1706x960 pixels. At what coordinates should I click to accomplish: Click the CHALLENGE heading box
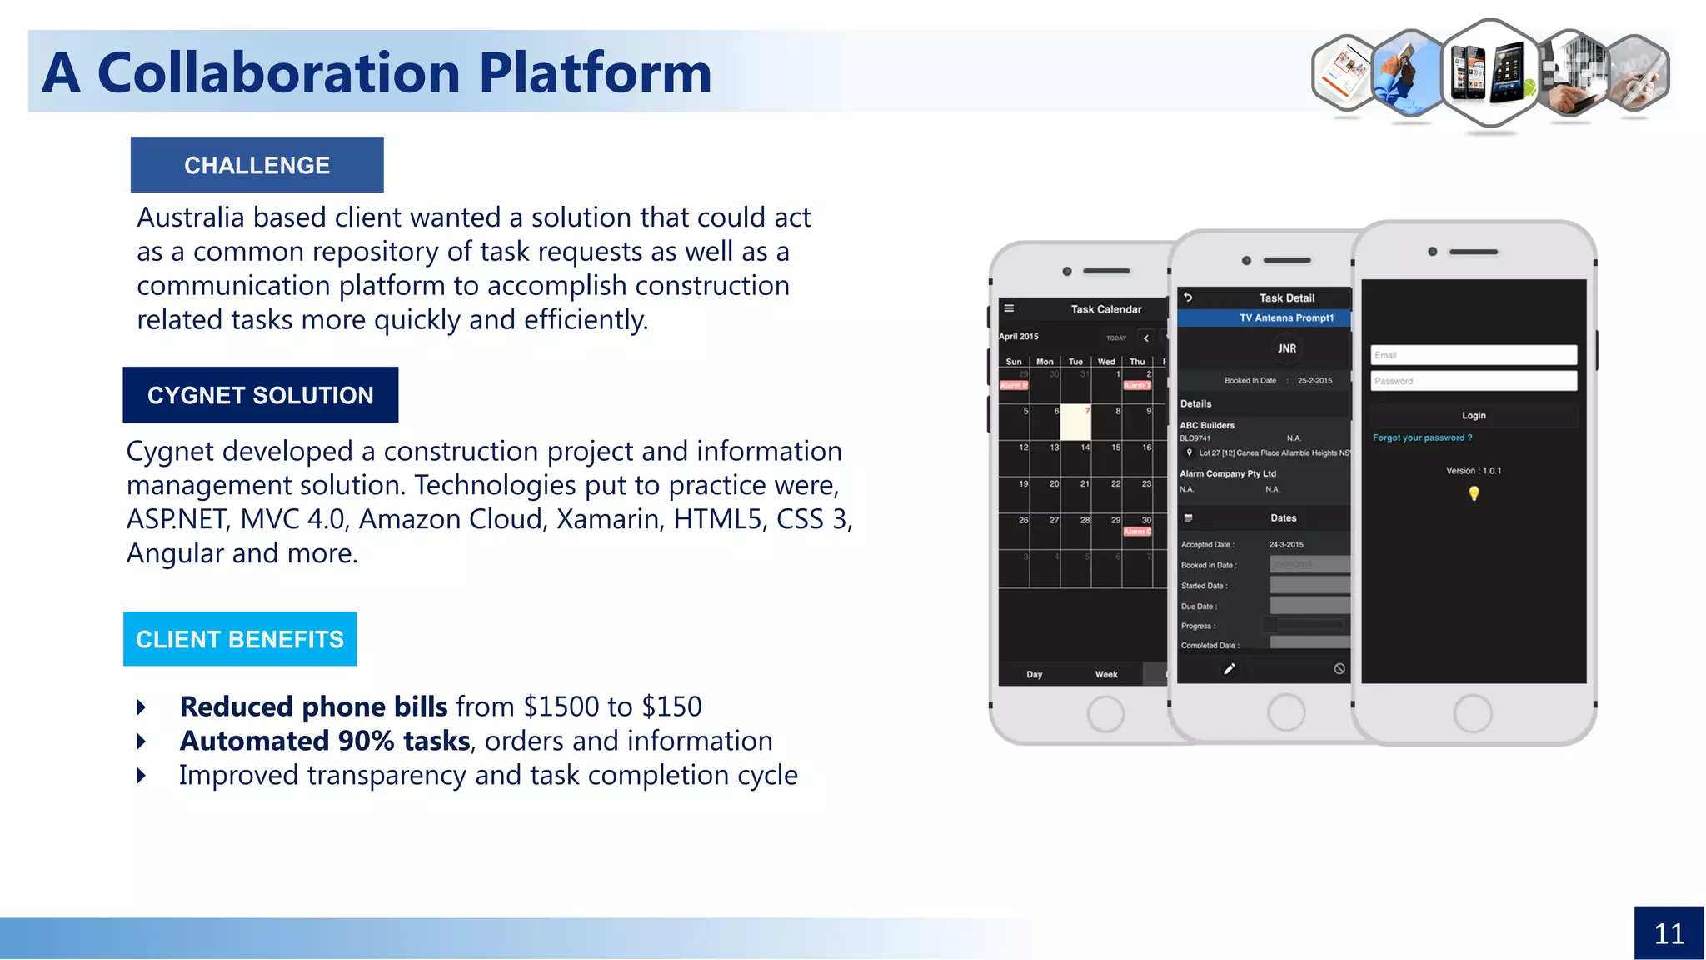coord(257,165)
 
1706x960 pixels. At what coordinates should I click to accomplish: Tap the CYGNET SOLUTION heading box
coord(260,395)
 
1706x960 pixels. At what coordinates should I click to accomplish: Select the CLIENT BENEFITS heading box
coord(240,639)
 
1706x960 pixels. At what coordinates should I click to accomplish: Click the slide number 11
coord(1669,933)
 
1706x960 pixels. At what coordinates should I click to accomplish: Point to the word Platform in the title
coord(595,73)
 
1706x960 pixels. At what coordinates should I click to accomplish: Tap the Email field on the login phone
coord(1473,355)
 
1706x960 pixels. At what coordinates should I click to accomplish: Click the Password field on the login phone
coord(1473,381)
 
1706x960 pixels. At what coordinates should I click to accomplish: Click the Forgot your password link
coord(1422,437)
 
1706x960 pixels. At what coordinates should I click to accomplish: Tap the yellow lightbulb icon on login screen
coord(1474,493)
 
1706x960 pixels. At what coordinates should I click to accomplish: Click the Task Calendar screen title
coord(1105,309)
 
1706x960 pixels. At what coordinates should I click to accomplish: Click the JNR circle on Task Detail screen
coord(1287,348)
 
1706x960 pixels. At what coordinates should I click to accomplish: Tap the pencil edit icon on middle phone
coord(1229,668)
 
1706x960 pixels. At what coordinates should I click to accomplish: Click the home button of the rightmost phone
coord(1472,714)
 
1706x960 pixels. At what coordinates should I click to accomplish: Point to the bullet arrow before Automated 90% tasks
coord(141,741)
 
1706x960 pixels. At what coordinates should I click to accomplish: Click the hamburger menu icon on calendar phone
coord(1009,308)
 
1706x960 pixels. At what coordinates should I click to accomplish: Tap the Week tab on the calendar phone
coord(1105,674)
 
